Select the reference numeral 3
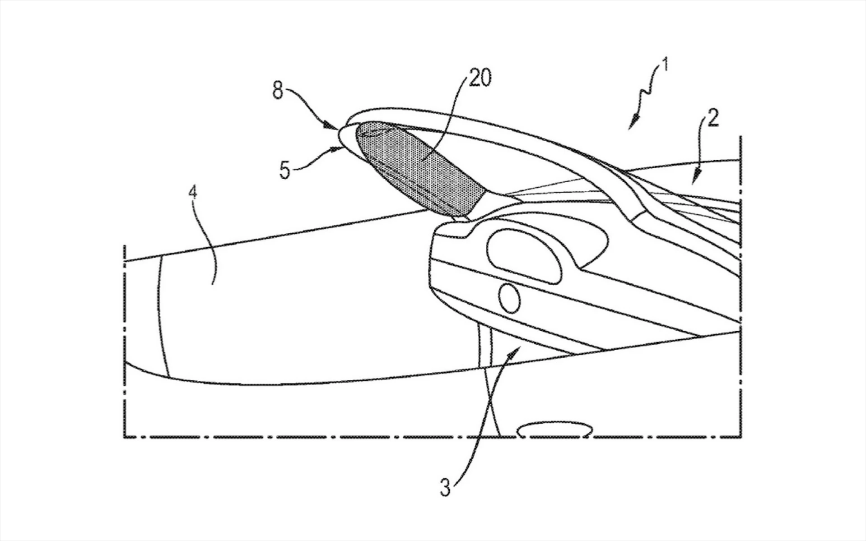445,487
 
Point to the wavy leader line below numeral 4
212,244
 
